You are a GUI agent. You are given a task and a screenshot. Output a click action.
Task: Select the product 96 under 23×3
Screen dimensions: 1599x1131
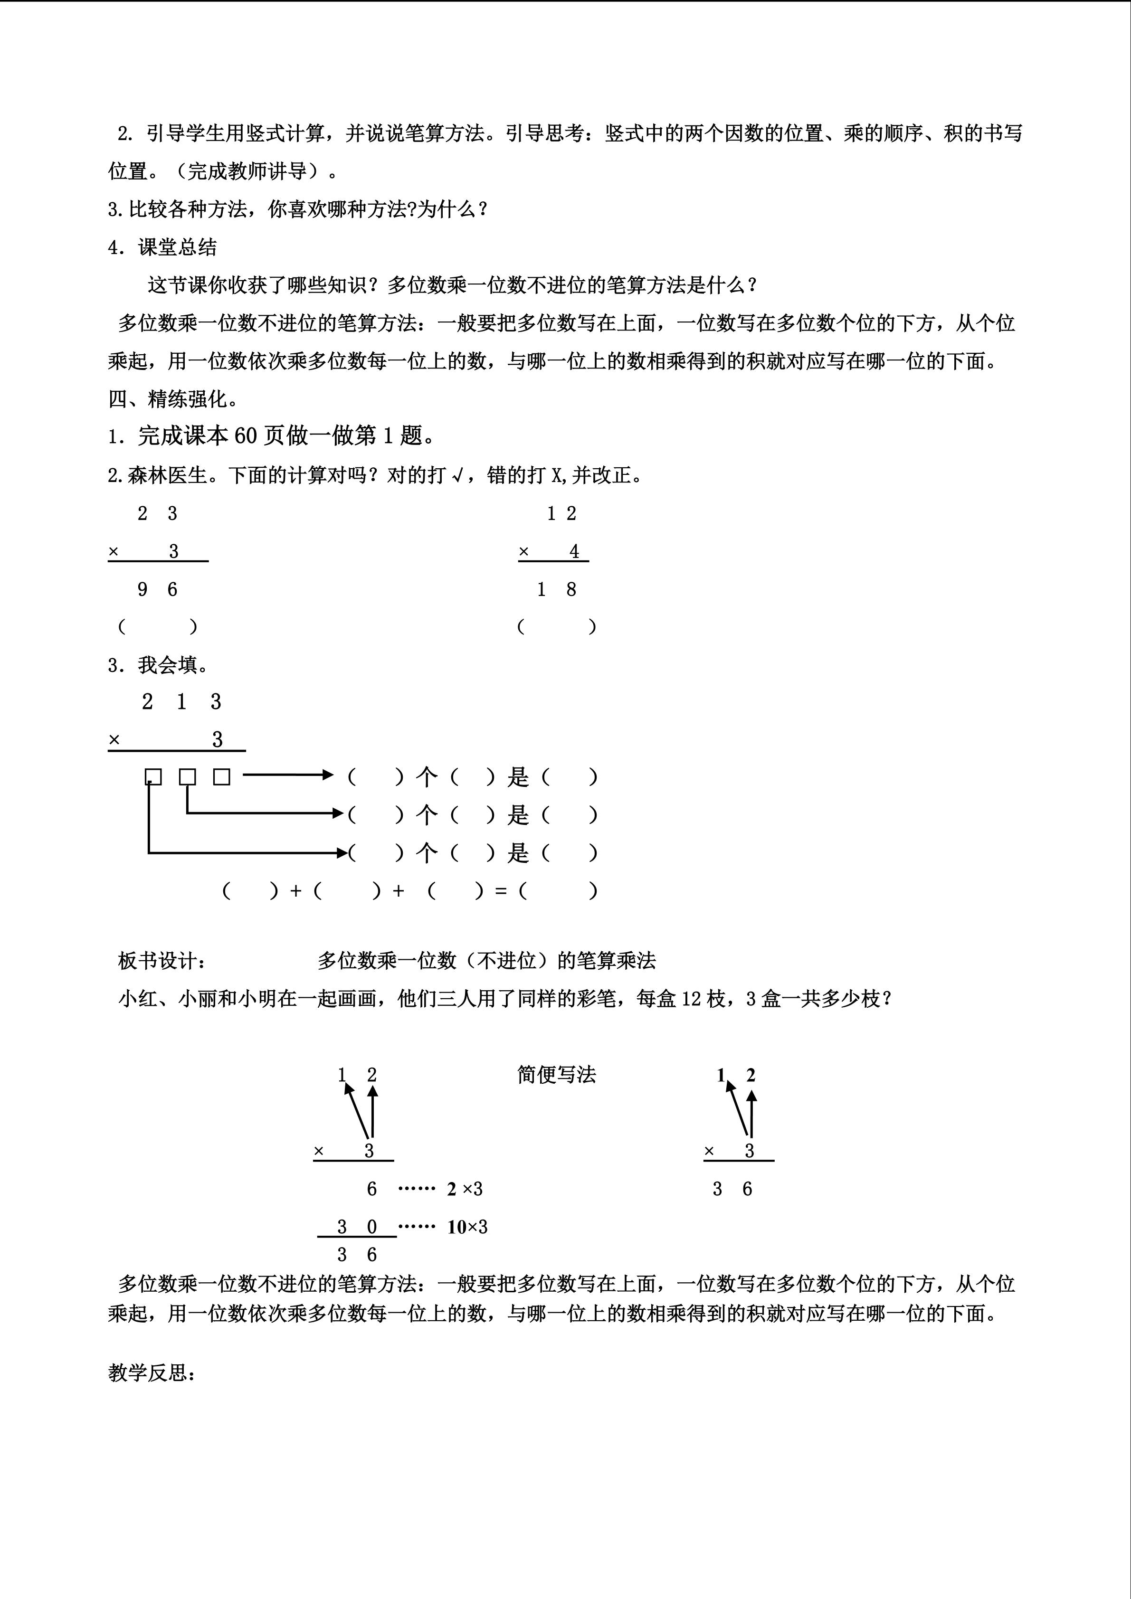coord(157,590)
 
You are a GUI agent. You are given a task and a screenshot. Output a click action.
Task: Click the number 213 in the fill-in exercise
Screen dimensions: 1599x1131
coord(181,702)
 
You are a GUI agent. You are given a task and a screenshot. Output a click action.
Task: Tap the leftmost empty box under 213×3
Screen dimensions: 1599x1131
coord(153,776)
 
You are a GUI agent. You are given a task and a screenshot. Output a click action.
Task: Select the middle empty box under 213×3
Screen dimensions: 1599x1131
coord(187,776)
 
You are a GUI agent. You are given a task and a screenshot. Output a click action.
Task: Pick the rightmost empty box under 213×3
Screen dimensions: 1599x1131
coord(221,776)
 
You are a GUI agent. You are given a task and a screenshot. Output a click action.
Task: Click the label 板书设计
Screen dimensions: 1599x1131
coord(162,961)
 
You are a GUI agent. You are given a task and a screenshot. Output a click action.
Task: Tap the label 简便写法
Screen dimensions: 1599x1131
coord(556,1075)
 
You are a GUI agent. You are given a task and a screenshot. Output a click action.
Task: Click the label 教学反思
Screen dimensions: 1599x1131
coord(152,1372)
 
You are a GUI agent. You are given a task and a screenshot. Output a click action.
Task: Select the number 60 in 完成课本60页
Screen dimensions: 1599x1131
coord(246,436)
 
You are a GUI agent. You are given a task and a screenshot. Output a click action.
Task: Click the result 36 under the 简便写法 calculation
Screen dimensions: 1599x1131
coord(732,1189)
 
